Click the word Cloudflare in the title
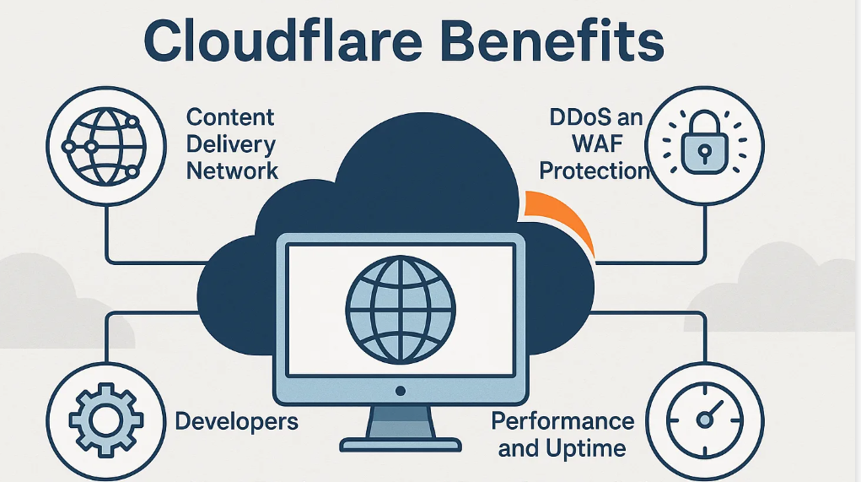283,41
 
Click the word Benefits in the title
552,41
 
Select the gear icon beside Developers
106,420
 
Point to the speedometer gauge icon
704,420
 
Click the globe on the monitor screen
401,310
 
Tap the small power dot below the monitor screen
401,391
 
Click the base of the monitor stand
401,444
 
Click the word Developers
237,421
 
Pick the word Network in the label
232,171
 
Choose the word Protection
595,171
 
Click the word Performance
562,421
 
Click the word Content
230,117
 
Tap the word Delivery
230,144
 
